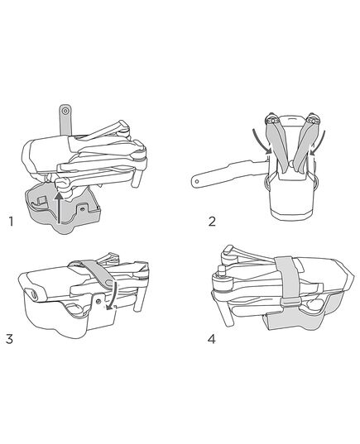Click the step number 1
(11, 221)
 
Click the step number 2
(212, 221)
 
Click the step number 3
(9, 339)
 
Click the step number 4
(212, 339)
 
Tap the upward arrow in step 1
(59, 208)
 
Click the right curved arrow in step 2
(319, 141)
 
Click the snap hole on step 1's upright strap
(65, 111)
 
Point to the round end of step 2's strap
(196, 181)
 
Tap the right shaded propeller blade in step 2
(304, 147)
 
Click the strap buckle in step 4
(290, 302)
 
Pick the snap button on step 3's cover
(98, 301)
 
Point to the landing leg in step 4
(226, 312)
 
